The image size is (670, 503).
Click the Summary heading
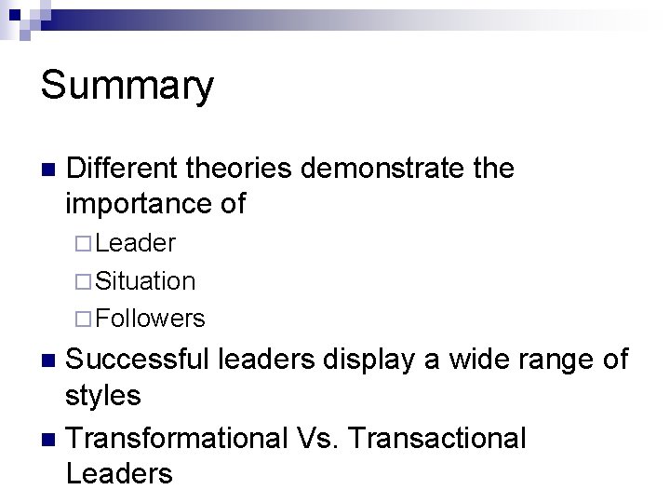127,87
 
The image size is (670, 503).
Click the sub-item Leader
135,244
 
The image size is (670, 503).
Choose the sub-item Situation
145,280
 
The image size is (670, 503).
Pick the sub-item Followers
150,319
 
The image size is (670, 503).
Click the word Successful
139,360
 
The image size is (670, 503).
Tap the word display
373,360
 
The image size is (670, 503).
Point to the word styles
103,395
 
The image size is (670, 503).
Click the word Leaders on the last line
119,473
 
